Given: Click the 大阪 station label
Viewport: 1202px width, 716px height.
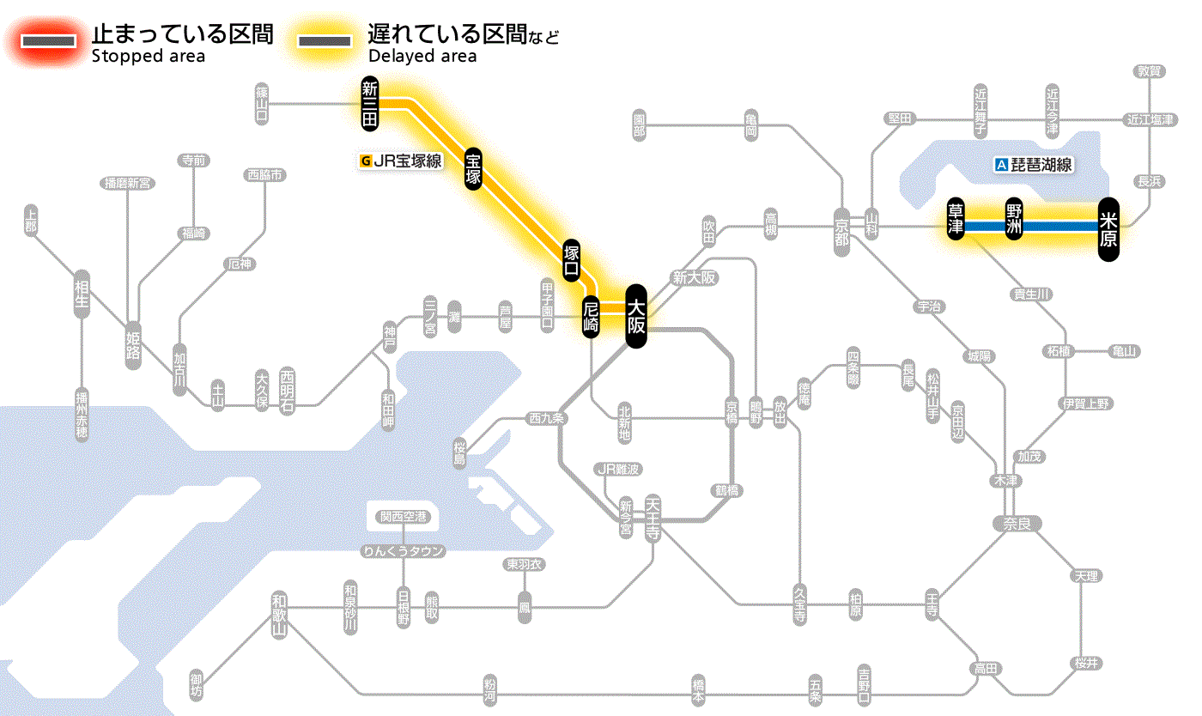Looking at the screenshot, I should pos(635,316).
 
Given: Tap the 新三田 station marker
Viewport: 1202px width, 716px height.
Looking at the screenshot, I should pos(370,104).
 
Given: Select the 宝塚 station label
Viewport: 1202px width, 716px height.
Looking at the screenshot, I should pos(473,168).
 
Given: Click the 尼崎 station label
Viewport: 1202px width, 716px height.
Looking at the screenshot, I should pos(591,317).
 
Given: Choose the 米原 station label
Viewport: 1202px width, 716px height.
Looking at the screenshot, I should pos(1108,229).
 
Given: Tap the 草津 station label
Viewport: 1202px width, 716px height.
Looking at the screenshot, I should pos(955,220).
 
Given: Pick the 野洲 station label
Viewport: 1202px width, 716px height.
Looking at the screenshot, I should pos(1014,220).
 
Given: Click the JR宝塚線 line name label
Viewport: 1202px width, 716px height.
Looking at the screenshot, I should pos(401,160).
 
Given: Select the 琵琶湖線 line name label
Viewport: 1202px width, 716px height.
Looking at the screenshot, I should pos(1035,166).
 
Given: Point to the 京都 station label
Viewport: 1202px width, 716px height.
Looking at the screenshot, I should pos(841,229).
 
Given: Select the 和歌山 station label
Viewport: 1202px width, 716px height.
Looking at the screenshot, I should pos(278,615).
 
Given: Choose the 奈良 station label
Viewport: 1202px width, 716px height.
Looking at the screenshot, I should pos(1016,523).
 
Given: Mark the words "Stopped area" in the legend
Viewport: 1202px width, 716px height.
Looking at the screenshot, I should pos(149,57).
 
